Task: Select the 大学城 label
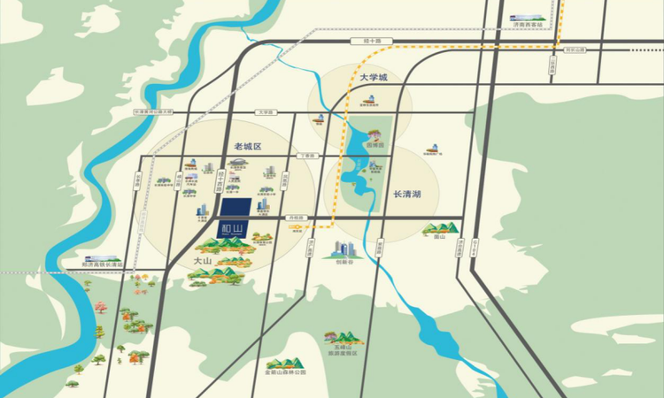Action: (374, 78)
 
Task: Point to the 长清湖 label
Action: (407, 193)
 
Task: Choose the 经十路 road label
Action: (358, 41)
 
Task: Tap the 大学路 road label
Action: (265, 112)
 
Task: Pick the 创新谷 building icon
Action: (344, 250)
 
